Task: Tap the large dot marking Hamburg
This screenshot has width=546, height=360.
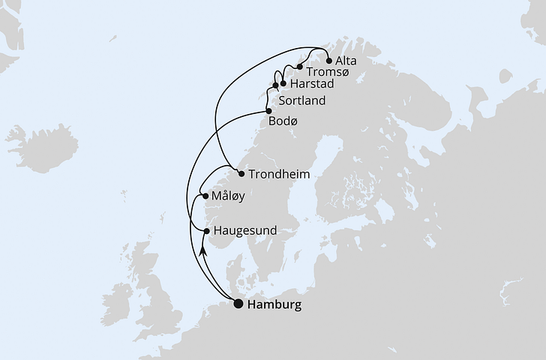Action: [238, 304]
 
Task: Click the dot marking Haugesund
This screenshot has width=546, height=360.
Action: [207, 231]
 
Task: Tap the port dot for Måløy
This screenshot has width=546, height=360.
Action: [205, 196]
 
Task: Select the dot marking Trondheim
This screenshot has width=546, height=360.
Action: [241, 174]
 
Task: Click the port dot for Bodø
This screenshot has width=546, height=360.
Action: [268, 110]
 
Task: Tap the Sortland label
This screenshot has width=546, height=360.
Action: [301, 100]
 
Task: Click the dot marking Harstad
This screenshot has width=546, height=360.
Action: [283, 83]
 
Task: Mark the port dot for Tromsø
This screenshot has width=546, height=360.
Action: [299, 67]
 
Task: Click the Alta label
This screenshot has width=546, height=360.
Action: [347, 60]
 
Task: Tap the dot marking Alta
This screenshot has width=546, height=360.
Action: [328, 61]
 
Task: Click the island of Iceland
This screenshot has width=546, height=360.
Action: [34, 146]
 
